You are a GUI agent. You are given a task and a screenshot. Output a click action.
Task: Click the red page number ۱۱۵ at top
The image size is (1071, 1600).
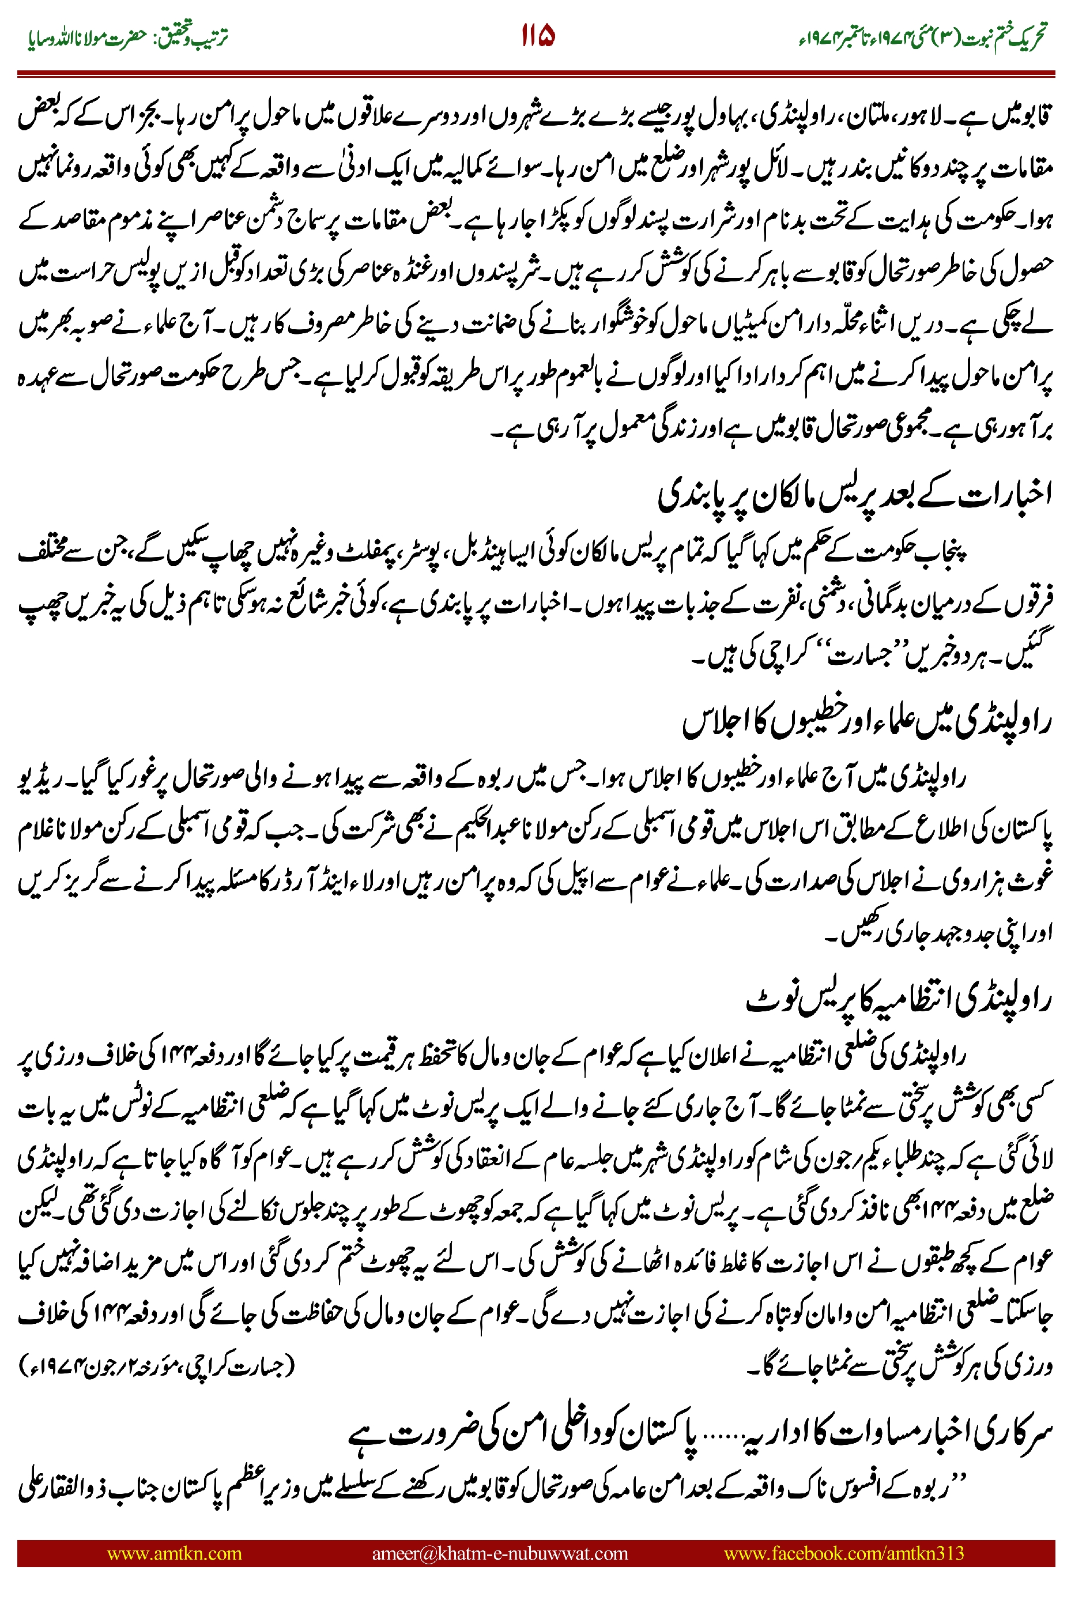click(538, 36)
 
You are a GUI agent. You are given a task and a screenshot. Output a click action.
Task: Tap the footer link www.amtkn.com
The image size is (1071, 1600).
click(174, 1553)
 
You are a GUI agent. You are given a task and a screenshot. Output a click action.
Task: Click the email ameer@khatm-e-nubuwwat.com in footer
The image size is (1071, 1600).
click(499, 1553)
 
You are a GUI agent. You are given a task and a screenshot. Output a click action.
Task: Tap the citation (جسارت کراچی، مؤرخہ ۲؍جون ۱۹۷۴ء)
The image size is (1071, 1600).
click(157, 1366)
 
